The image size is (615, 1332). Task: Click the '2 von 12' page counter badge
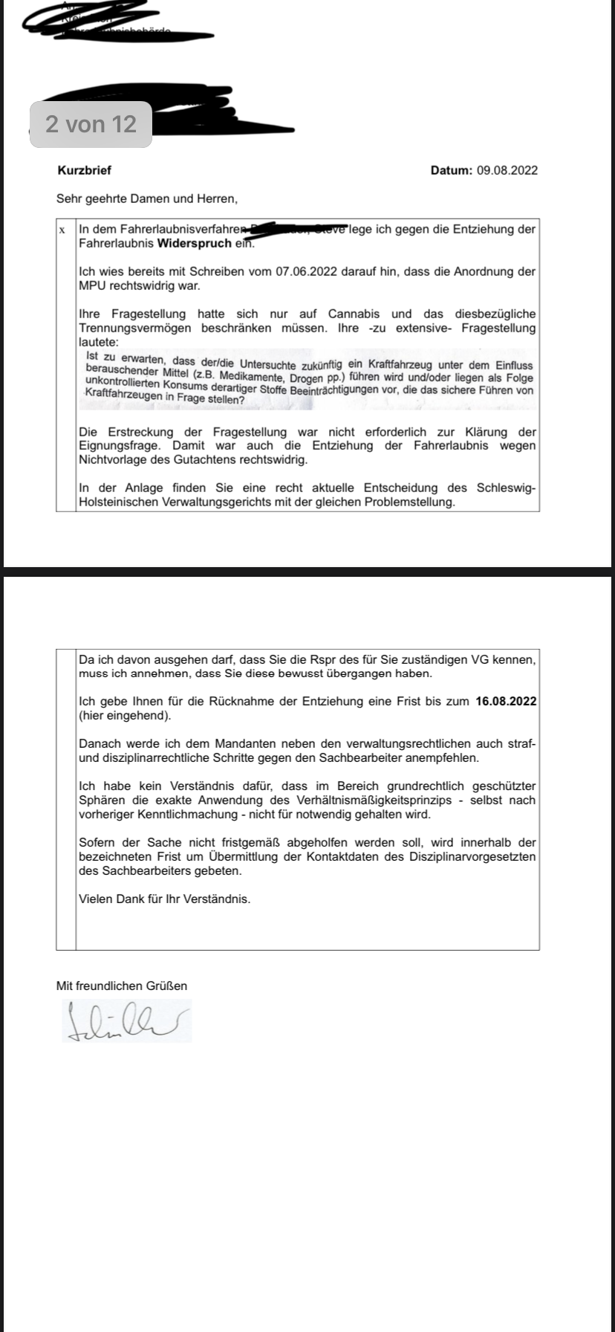pos(91,123)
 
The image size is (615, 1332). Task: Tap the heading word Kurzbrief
pos(84,170)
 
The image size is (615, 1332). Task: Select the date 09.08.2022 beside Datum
pos(507,170)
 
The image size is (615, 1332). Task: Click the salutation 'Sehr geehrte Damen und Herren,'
pos(147,198)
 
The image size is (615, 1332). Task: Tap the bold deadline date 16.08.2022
pos(506,701)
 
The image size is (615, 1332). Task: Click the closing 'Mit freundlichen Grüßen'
pos(122,986)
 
